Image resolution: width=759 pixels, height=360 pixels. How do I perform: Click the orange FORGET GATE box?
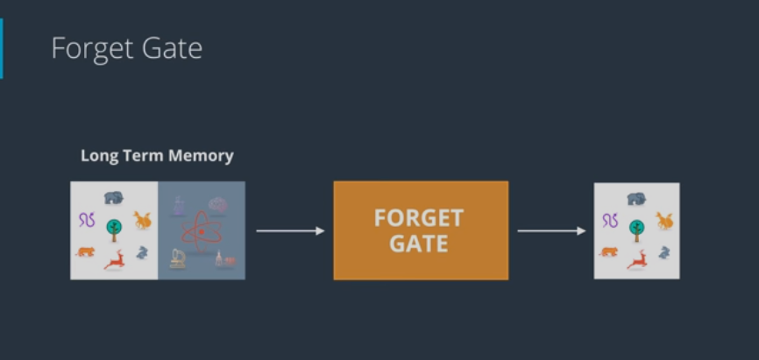(421, 230)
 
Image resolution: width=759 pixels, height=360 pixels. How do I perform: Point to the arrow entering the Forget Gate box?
(290, 231)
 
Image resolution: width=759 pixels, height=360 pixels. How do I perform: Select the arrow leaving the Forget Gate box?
(551, 231)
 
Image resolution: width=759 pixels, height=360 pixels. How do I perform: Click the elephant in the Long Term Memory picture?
(114, 198)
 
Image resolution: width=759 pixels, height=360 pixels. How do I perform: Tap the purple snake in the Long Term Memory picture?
(87, 220)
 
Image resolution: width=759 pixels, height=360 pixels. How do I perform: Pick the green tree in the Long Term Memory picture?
(114, 229)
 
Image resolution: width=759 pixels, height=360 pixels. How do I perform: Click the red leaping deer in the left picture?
(114, 259)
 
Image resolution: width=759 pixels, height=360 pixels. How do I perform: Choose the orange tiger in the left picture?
(85, 252)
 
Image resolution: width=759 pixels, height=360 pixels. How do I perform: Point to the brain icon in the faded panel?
(217, 204)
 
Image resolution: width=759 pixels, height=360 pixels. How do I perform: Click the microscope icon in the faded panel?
(178, 258)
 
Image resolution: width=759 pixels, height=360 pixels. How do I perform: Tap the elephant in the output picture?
(636, 199)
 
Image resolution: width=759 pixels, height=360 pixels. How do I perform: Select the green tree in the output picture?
(637, 229)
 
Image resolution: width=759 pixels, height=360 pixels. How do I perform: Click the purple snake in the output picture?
(610, 220)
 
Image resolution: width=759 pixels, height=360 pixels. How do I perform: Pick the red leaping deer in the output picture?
(637, 259)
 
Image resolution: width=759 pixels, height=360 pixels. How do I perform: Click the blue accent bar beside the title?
(2, 48)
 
